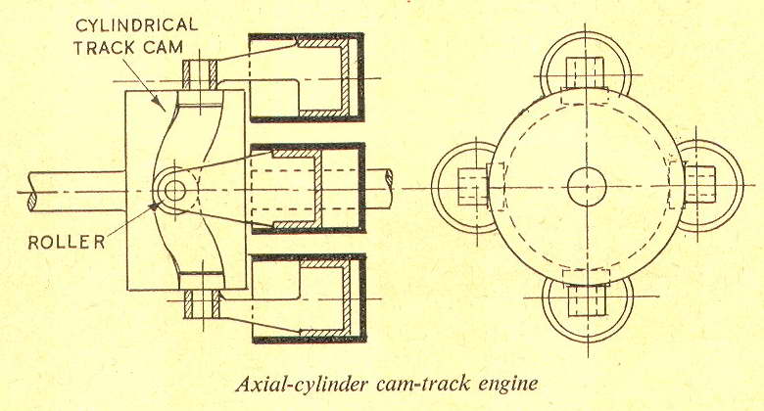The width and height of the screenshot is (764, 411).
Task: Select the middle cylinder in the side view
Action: (307, 185)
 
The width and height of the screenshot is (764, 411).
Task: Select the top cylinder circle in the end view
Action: (587, 70)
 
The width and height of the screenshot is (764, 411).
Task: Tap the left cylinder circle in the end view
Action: (472, 184)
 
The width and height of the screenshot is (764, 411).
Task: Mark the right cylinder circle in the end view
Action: (701, 184)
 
